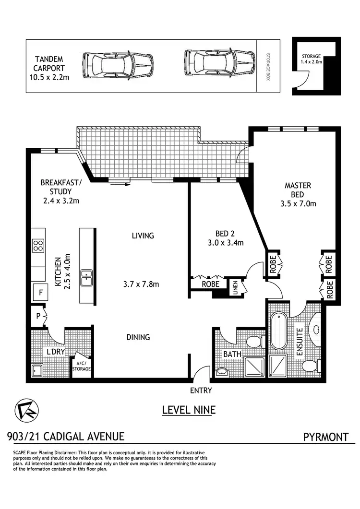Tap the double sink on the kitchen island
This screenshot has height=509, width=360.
pyautogui.click(x=87, y=278)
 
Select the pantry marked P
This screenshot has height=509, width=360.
pyautogui.click(x=38, y=316)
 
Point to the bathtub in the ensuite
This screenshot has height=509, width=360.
pyautogui.click(x=278, y=331)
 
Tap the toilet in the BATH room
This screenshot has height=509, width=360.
pyautogui.click(x=253, y=342)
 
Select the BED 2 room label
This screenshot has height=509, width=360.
pyautogui.click(x=225, y=238)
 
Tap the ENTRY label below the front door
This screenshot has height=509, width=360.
pyautogui.click(x=201, y=391)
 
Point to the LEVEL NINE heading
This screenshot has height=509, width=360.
pyautogui.click(x=189, y=410)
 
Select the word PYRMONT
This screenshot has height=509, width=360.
pyautogui.click(x=325, y=437)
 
